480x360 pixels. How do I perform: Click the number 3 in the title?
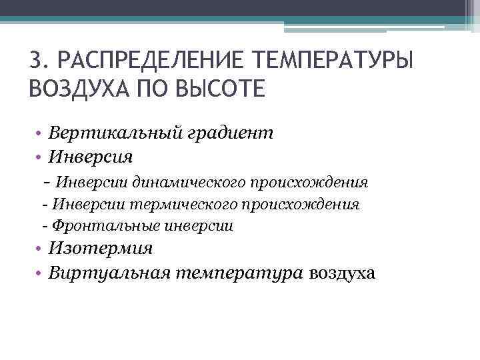coord(36,61)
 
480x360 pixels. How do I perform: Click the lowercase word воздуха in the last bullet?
coord(342,273)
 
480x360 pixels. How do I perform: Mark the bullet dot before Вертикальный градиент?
coord(41,134)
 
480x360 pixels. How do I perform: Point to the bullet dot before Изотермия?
coord(41,249)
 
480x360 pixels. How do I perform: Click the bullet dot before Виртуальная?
coord(41,273)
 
